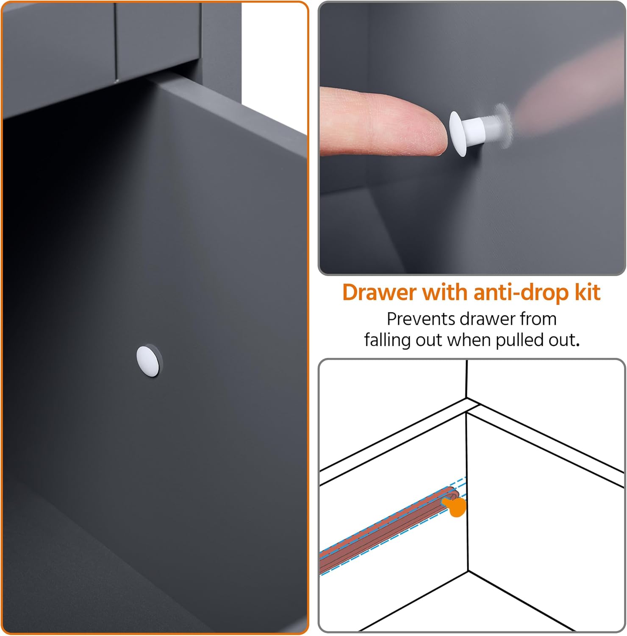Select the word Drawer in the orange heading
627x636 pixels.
click(379, 293)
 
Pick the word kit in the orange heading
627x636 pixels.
click(588, 293)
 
